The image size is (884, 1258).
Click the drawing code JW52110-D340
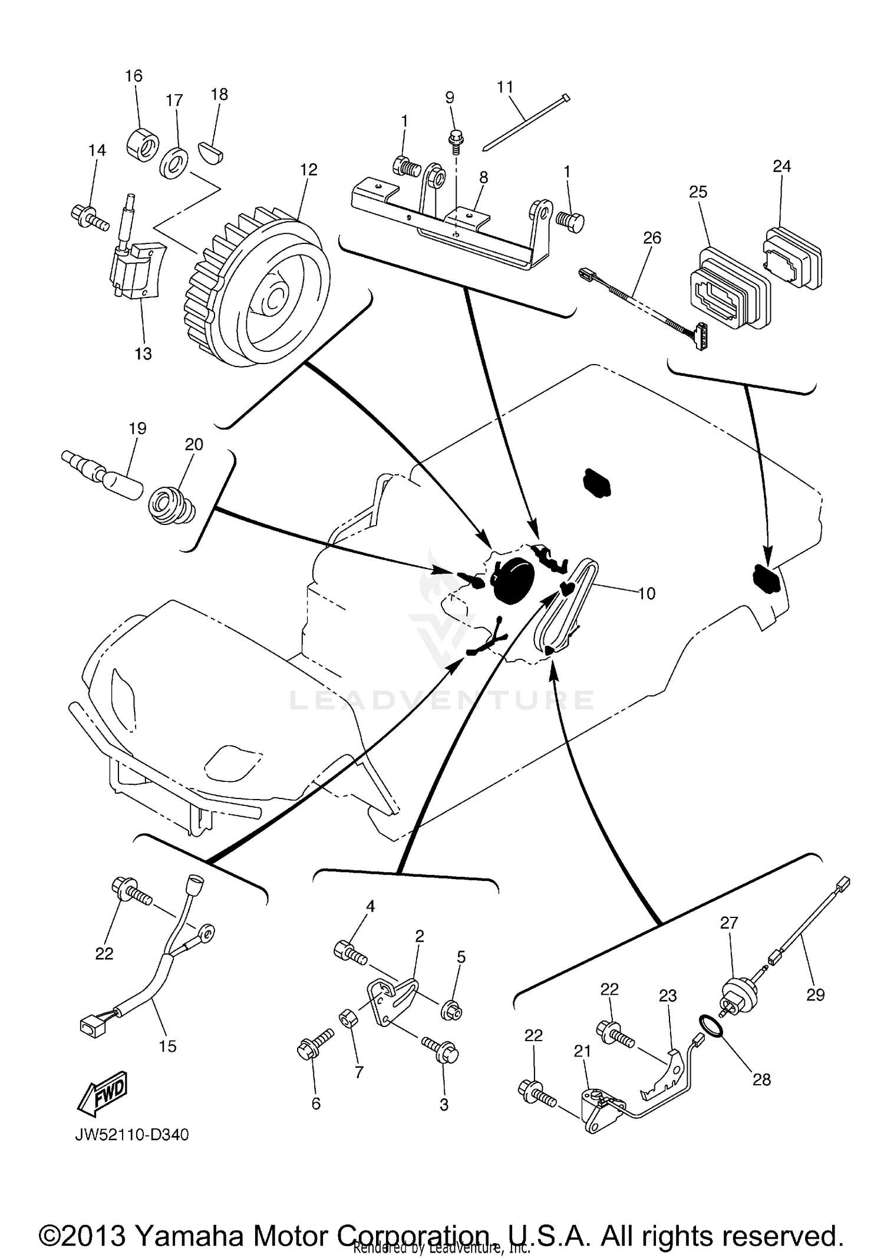click(x=131, y=1135)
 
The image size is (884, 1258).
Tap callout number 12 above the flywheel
click(x=308, y=170)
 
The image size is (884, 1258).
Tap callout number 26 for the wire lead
click(x=652, y=237)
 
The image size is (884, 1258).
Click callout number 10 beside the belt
click(x=646, y=593)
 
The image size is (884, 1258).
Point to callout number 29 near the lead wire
click(x=816, y=995)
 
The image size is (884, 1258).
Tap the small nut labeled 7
click(x=347, y=1017)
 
